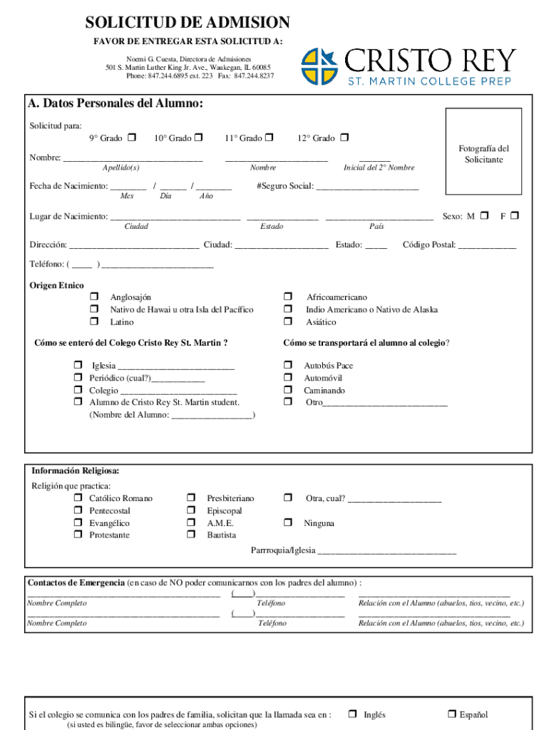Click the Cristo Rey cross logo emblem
321,67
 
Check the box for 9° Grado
131,138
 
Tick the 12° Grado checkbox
344,138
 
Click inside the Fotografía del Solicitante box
484,151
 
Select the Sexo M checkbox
485,215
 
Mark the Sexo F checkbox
515,215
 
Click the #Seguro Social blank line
367,187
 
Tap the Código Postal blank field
487,245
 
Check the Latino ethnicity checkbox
93,322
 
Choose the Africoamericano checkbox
288,297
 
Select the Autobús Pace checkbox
288,365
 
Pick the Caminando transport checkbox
288,390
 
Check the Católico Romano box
78,498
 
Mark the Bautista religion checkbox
191,535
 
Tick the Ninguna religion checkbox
288,523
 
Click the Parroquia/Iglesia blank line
386,551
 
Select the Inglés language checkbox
352,714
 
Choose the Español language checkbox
451,714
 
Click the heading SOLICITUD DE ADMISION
188,23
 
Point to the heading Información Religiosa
75,471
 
